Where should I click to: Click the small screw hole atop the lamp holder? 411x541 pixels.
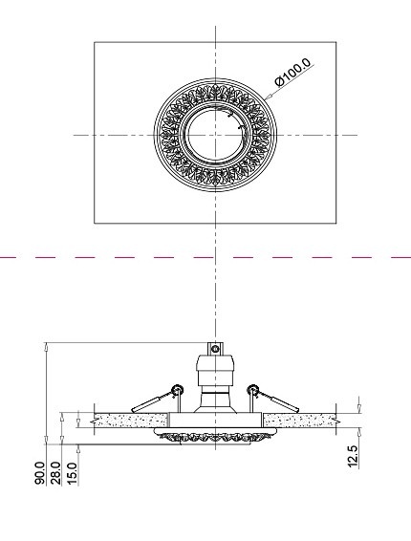(216, 350)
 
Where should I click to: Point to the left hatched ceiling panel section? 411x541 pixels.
(130, 419)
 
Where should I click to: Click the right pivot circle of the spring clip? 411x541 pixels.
(253, 387)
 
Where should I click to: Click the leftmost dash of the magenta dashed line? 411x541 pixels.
(10, 258)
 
